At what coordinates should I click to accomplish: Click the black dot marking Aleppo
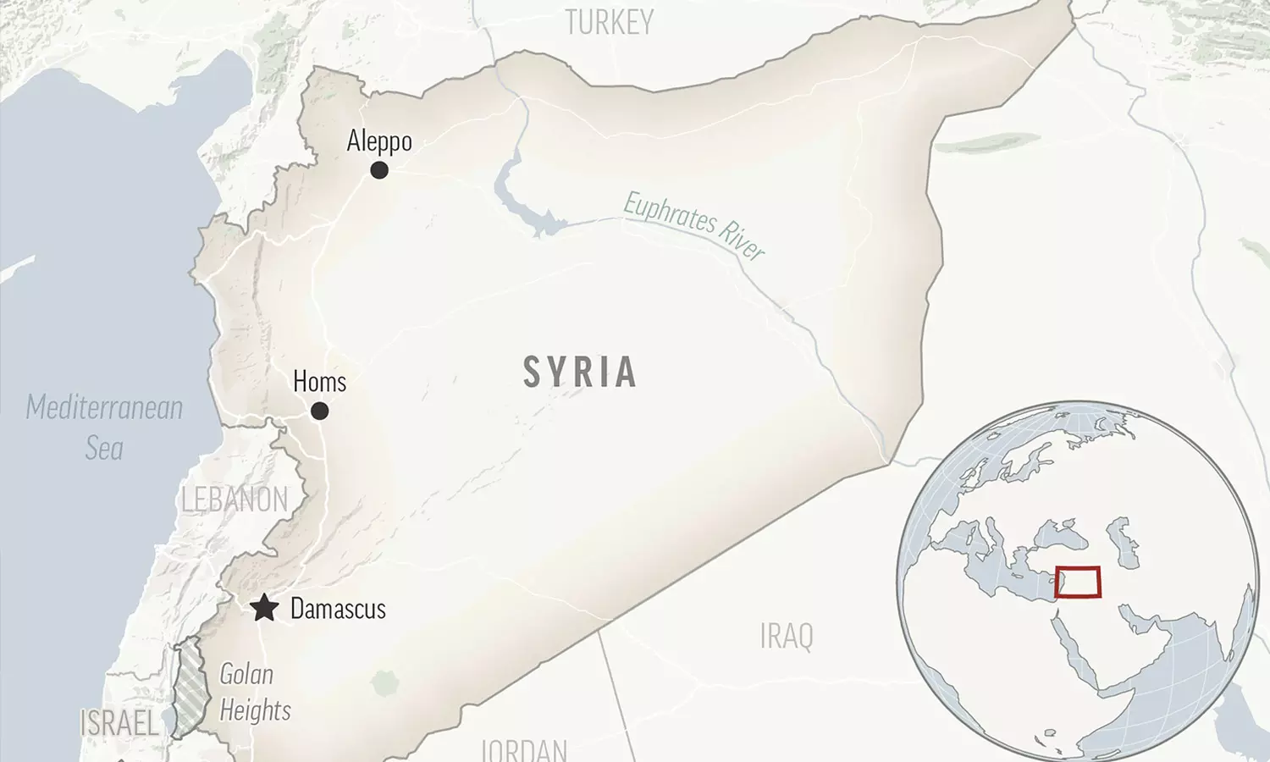379,170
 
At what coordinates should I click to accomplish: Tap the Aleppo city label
379,141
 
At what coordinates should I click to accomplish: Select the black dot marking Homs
319,411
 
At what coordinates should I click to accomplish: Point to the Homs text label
319,382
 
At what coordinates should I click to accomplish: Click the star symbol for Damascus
264,608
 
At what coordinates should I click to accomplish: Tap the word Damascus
338,609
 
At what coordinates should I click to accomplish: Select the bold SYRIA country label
580,373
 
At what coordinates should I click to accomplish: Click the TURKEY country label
610,23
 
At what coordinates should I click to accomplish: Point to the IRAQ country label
787,637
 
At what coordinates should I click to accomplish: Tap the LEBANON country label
235,500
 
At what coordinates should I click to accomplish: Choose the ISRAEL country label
119,724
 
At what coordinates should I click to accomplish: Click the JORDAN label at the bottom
524,749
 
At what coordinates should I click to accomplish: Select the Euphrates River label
694,225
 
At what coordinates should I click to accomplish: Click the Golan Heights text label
254,693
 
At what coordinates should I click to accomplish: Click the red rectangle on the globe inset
1078,583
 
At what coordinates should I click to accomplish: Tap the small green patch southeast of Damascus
384,682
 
